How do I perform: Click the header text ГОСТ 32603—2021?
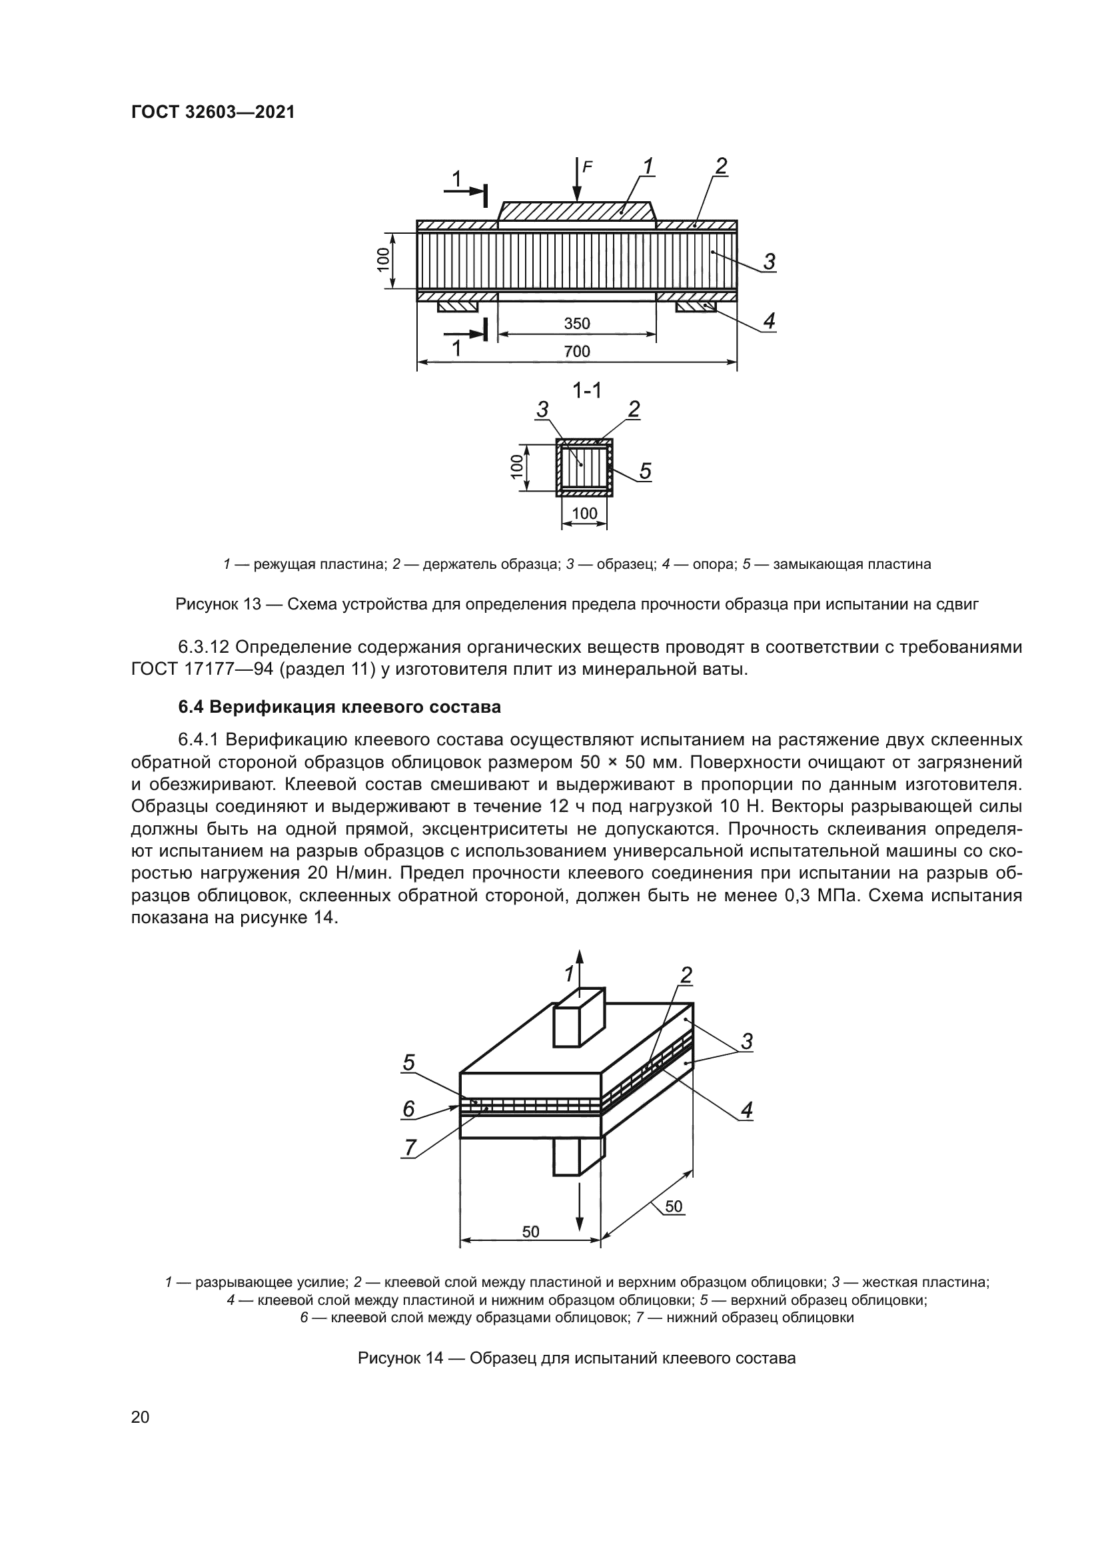[x=213, y=113]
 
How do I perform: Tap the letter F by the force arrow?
[x=588, y=166]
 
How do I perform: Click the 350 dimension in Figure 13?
[x=577, y=324]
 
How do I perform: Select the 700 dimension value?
[x=577, y=352]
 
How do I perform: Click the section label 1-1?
[x=587, y=391]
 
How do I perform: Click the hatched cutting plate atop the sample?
[x=577, y=211]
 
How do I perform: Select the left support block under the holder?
[x=457, y=307]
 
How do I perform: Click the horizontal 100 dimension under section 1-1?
[x=584, y=514]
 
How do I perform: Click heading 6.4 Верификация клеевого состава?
[x=339, y=707]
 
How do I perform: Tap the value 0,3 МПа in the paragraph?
[x=820, y=896]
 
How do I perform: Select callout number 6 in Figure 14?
[x=408, y=1109]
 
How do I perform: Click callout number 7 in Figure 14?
[x=410, y=1148]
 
